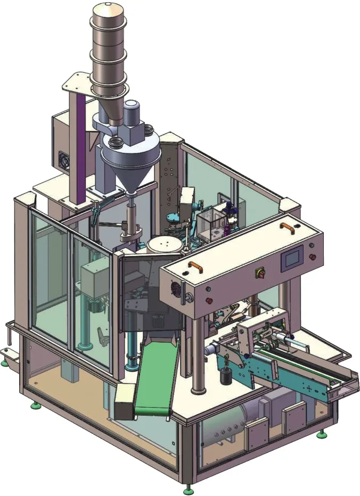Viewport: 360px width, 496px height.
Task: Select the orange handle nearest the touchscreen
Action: [288, 227]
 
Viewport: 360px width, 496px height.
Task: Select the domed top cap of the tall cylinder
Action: [110, 11]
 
